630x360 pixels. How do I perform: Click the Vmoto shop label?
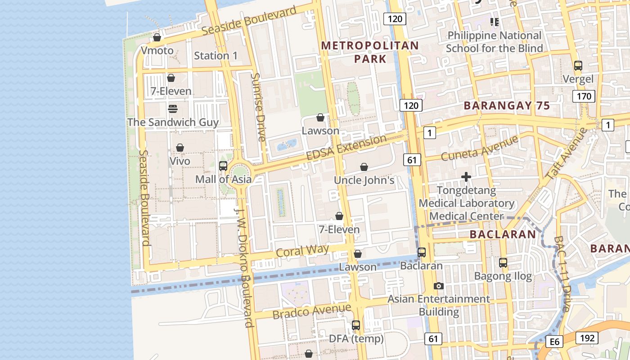point(157,50)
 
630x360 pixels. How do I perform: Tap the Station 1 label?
point(216,56)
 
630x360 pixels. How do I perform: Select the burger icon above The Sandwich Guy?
point(173,108)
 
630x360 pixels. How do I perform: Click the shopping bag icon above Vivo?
point(180,148)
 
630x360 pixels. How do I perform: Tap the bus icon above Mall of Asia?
point(223,166)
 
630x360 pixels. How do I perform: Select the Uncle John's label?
point(364,180)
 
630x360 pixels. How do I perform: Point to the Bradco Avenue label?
point(311,311)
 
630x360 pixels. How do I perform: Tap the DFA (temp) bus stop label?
point(356,338)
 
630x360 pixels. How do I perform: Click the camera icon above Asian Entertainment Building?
point(438,286)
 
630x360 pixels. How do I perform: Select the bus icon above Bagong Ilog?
point(503,263)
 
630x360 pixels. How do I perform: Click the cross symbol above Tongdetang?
point(466,177)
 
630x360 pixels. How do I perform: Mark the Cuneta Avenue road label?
point(479,148)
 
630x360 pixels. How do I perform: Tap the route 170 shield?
point(584,96)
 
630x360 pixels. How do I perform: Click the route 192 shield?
point(587,338)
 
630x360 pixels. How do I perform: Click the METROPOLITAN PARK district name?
point(370,52)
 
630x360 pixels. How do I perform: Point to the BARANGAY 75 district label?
point(507,106)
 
